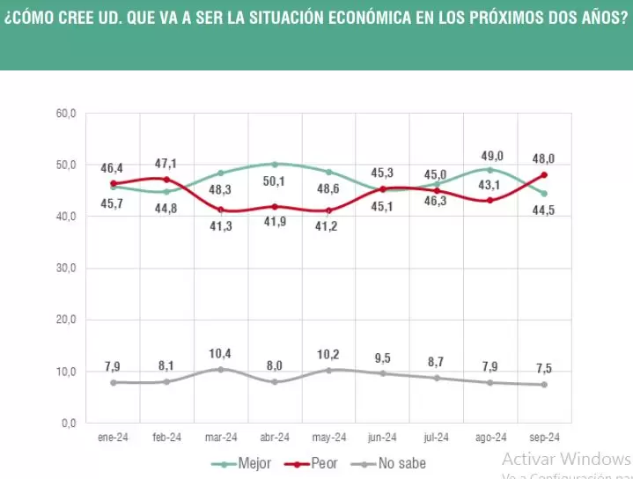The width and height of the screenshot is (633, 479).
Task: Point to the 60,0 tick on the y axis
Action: (x=66, y=114)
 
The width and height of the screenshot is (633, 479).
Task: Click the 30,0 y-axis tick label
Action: (x=66, y=269)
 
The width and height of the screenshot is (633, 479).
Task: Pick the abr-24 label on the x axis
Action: (x=275, y=437)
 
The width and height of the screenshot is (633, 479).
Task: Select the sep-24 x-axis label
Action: (x=545, y=437)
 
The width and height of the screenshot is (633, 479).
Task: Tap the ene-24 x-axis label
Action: (x=113, y=437)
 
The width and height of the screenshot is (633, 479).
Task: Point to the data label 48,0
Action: (x=544, y=159)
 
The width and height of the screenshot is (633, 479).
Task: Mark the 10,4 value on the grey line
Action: (x=221, y=353)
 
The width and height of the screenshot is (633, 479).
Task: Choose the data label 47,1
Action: (x=167, y=162)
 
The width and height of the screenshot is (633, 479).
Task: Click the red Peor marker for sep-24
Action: (x=545, y=175)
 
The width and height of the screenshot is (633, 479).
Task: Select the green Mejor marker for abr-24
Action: (x=275, y=164)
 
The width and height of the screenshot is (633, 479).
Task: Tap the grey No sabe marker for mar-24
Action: (x=221, y=369)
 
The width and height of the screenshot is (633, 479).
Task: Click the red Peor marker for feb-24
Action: (x=167, y=180)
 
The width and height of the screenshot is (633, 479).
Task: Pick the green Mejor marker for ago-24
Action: (x=490, y=170)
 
